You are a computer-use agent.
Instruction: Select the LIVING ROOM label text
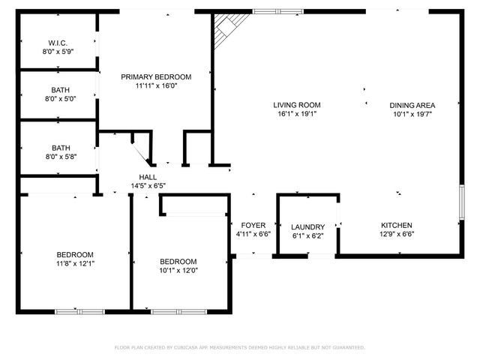coord(297,105)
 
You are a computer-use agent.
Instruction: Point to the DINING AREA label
coord(412,105)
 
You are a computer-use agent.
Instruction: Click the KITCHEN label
coord(397,225)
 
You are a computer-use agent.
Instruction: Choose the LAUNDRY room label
coord(307,227)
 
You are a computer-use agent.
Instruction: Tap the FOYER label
coord(253,226)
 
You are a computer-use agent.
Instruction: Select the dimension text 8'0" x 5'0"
coord(60,98)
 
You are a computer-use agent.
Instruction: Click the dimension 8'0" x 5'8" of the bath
coord(60,156)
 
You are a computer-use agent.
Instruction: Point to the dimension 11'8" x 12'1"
coord(75,263)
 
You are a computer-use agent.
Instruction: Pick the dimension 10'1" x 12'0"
coord(178,271)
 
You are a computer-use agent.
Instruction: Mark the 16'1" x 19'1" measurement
coord(297,115)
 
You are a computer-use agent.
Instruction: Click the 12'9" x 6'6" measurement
coord(397,234)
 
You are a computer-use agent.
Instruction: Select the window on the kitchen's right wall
coord(461,202)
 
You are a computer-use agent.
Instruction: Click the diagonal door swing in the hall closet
coord(142,154)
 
